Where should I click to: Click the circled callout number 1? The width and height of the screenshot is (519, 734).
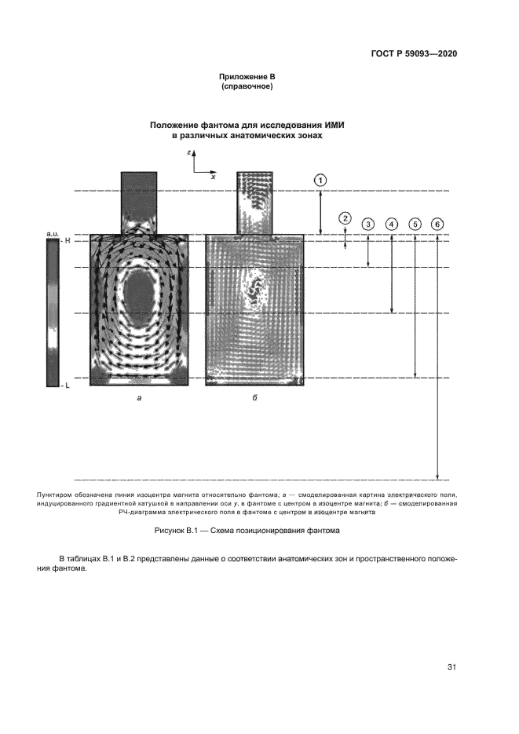tap(320, 180)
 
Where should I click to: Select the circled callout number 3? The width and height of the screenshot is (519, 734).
tap(368, 225)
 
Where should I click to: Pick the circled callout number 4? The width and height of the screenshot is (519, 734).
tap(392, 225)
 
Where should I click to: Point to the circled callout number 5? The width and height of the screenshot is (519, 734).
tap(415, 225)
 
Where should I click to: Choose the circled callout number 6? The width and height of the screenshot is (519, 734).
tap(437, 225)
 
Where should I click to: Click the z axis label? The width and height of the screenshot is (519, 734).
tap(189, 153)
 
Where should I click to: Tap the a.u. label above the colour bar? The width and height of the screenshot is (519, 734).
tap(53, 234)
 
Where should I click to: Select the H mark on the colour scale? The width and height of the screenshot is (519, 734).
tap(68, 241)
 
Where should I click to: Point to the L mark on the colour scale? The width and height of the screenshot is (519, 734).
tap(68, 386)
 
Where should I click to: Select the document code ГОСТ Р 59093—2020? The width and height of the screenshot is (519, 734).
tap(414, 54)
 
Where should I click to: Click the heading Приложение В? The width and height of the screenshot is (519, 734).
tap(247, 77)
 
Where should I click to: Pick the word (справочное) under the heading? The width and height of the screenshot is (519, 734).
tap(247, 86)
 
